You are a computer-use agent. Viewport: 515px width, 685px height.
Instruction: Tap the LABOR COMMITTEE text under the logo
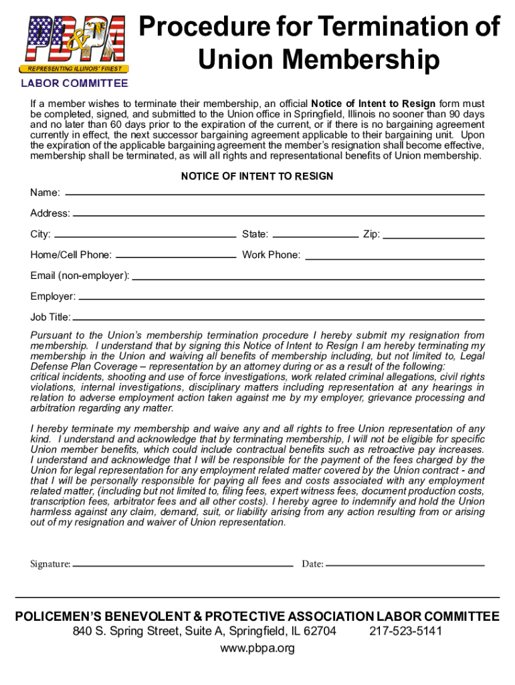74,84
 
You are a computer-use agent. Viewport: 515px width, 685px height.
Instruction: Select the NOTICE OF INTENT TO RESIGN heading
257,177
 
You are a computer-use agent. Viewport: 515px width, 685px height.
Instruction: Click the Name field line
274,193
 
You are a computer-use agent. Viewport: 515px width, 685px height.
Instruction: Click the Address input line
278,215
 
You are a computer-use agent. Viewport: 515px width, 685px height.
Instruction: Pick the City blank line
144,236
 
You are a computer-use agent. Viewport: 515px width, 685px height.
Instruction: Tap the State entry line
316,236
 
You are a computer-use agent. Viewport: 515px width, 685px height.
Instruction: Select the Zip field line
433,236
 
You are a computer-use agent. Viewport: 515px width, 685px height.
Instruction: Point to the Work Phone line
393,257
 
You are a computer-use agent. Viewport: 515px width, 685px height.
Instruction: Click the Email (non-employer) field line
308,278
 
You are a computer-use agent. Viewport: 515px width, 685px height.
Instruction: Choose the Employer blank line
281,298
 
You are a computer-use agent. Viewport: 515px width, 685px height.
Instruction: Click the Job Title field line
278,319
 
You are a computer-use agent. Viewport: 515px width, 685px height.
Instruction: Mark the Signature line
183,565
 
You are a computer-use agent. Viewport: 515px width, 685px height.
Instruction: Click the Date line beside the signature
405,565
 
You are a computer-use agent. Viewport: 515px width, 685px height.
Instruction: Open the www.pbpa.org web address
257,648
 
